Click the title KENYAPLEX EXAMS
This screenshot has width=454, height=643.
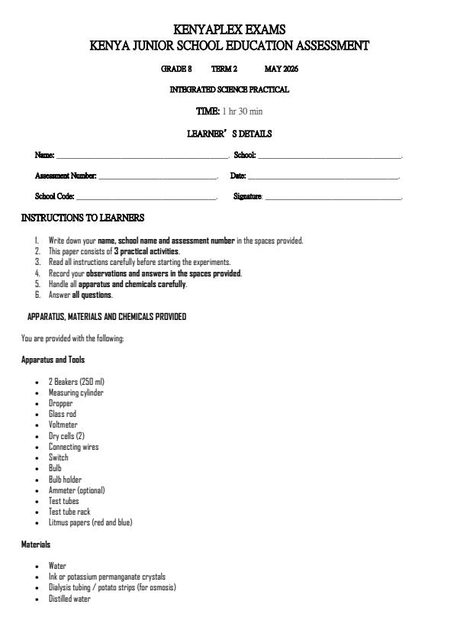230,30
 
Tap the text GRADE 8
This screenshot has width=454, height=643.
176,69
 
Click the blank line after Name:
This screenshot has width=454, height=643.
142,157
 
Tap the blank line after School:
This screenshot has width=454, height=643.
330,157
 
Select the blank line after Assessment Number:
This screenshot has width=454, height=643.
159,177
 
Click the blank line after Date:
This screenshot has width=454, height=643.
324,177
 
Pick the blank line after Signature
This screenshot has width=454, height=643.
333,198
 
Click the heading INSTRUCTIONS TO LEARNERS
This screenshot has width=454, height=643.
82,218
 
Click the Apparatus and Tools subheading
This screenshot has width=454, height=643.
53,360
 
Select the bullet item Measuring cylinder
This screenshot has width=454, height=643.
76,393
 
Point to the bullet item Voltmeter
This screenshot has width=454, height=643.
63,425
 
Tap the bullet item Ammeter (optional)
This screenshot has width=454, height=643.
77,490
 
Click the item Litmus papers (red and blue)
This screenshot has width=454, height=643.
90,522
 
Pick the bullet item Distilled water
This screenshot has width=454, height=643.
69,599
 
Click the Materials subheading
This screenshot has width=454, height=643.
36,544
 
